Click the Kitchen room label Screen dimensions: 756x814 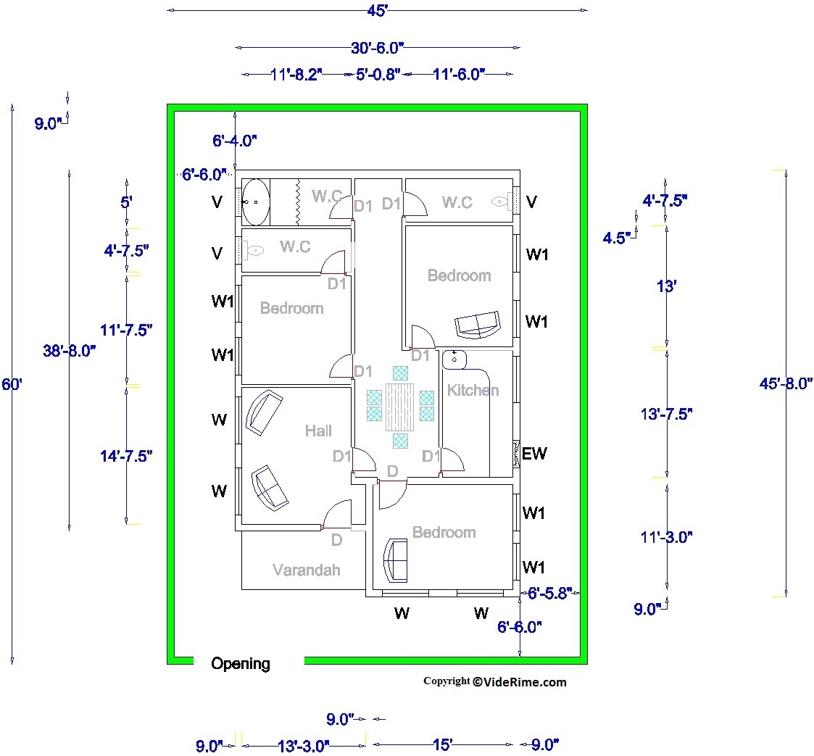[x=473, y=391]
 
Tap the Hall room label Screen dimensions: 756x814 [x=318, y=431]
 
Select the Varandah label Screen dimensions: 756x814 [x=306, y=570]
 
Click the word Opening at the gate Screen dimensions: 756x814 [x=240, y=664]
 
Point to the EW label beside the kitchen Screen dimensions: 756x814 [x=534, y=454]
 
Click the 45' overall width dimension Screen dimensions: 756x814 [x=375, y=10]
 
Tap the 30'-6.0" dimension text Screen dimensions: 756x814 [x=376, y=48]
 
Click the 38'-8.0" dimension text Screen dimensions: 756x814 [x=69, y=351]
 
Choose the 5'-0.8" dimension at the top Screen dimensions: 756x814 [x=378, y=75]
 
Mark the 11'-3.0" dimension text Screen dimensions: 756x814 [x=667, y=537]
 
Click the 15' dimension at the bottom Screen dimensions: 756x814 [x=441, y=745]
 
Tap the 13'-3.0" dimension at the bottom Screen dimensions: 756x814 [x=304, y=745]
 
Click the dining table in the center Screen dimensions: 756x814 [x=399, y=407]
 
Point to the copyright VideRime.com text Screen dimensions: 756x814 [x=494, y=681]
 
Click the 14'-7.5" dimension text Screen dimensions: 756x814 [x=126, y=456]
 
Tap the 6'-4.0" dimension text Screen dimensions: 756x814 [x=235, y=141]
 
